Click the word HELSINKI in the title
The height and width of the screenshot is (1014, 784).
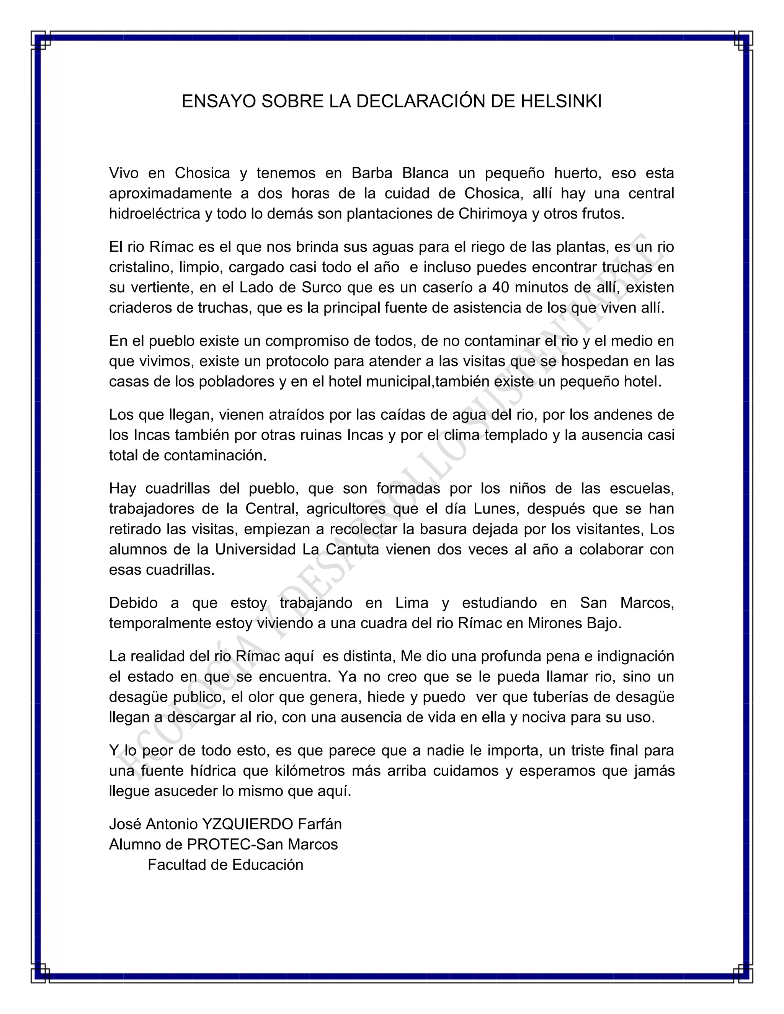tap(560, 101)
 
